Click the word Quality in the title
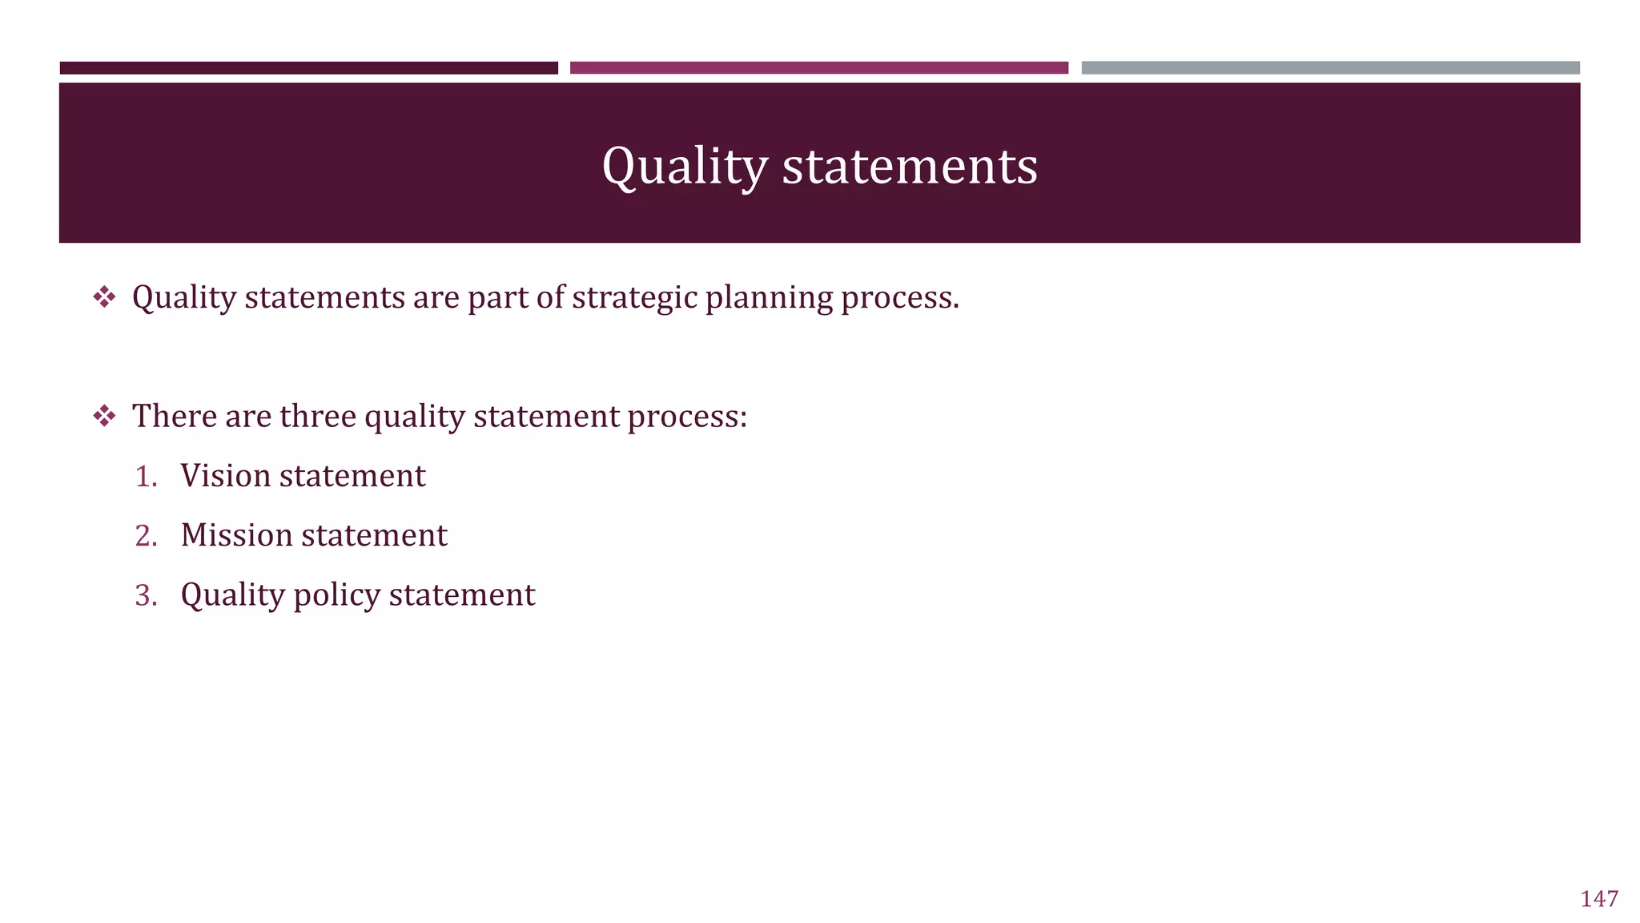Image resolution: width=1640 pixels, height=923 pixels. [685, 167]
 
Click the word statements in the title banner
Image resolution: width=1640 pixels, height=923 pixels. [910, 167]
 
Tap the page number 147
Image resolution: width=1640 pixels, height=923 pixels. [1598, 899]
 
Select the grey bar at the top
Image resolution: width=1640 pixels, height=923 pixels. [1330, 68]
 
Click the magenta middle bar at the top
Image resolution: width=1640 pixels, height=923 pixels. [818, 68]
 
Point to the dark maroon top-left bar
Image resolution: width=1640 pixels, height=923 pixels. [308, 68]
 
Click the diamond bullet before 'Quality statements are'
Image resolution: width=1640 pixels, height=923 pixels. [104, 298]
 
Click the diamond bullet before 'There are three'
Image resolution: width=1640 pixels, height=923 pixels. [104, 417]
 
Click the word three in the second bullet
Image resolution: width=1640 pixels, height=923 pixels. [317, 417]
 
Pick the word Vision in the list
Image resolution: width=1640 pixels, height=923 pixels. [226, 476]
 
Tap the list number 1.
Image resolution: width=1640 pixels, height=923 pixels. [146, 477]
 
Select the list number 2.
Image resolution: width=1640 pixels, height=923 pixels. [146, 536]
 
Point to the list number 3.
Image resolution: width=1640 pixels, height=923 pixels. [146, 595]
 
